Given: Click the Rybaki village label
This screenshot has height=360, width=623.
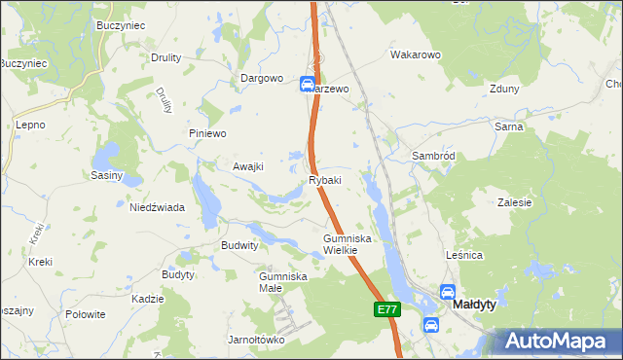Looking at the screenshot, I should pyautogui.click(x=325, y=180).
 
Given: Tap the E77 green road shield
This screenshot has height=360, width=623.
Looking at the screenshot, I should pyautogui.click(x=386, y=309).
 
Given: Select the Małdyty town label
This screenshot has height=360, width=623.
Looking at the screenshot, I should pyautogui.click(x=474, y=305).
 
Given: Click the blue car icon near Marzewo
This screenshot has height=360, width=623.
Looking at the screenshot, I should pyautogui.click(x=307, y=86).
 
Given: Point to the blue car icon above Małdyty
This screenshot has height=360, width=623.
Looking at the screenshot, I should pyautogui.click(x=448, y=290).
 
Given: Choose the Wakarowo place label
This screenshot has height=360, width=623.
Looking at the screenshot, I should pyautogui.click(x=417, y=55).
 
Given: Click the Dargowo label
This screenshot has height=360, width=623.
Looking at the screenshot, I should pyautogui.click(x=262, y=78).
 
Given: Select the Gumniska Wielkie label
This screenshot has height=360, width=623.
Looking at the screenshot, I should pyautogui.click(x=342, y=244).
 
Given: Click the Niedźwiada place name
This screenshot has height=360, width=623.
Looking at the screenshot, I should pyautogui.click(x=158, y=207).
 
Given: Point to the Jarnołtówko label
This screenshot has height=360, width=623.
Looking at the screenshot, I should pyautogui.click(x=255, y=340).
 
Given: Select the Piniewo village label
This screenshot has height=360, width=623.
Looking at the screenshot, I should pyautogui.click(x=207, y=133).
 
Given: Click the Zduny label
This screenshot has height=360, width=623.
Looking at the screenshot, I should pyautogui.click(x=505, y=89).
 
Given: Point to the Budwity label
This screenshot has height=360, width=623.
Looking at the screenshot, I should pyautogui.click(x=239, y=246).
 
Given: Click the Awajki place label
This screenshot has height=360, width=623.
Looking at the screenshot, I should pyautogui.click(x=248, y=166).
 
